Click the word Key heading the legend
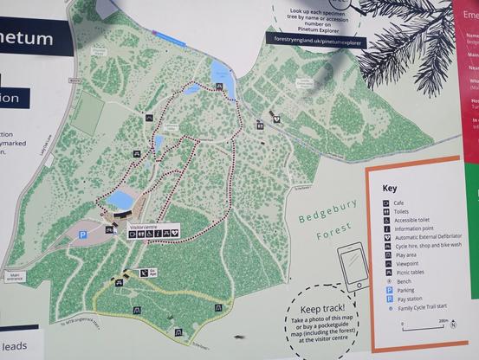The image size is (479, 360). [x=390, y=188]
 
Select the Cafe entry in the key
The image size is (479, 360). [x=400, y=203]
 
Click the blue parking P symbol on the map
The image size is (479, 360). [x=83, y=234]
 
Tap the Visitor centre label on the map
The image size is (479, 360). [x=144, y=226]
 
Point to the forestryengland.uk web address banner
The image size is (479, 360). [x=318, y=41]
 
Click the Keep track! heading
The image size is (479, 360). [x=322, y=308]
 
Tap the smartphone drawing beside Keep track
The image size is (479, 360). [x=353, y=265]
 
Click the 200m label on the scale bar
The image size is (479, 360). [x=443, y=319]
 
